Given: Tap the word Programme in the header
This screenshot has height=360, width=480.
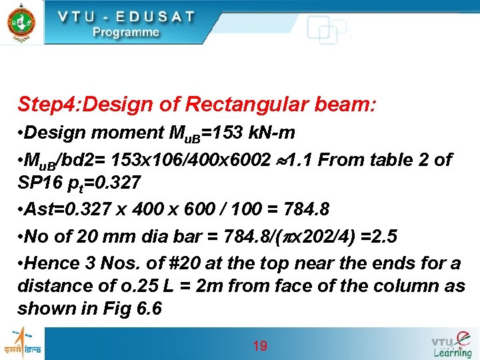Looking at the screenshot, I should pos(126,32).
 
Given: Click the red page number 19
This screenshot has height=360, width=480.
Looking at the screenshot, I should pos(260,345).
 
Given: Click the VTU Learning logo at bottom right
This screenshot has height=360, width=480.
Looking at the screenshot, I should pos(451,343).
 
